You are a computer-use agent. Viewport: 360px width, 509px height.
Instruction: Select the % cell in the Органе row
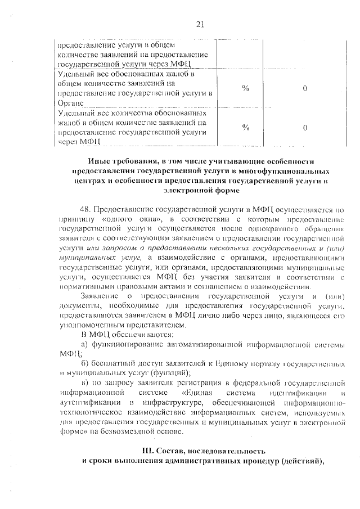(245, 89)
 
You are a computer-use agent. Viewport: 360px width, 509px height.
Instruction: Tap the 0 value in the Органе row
(304, 89)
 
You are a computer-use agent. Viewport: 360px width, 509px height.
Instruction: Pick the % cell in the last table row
(245, 127)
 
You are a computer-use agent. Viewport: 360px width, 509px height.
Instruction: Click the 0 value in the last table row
(304, 127)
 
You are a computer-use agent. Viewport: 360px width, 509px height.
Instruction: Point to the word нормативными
(84, 286)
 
